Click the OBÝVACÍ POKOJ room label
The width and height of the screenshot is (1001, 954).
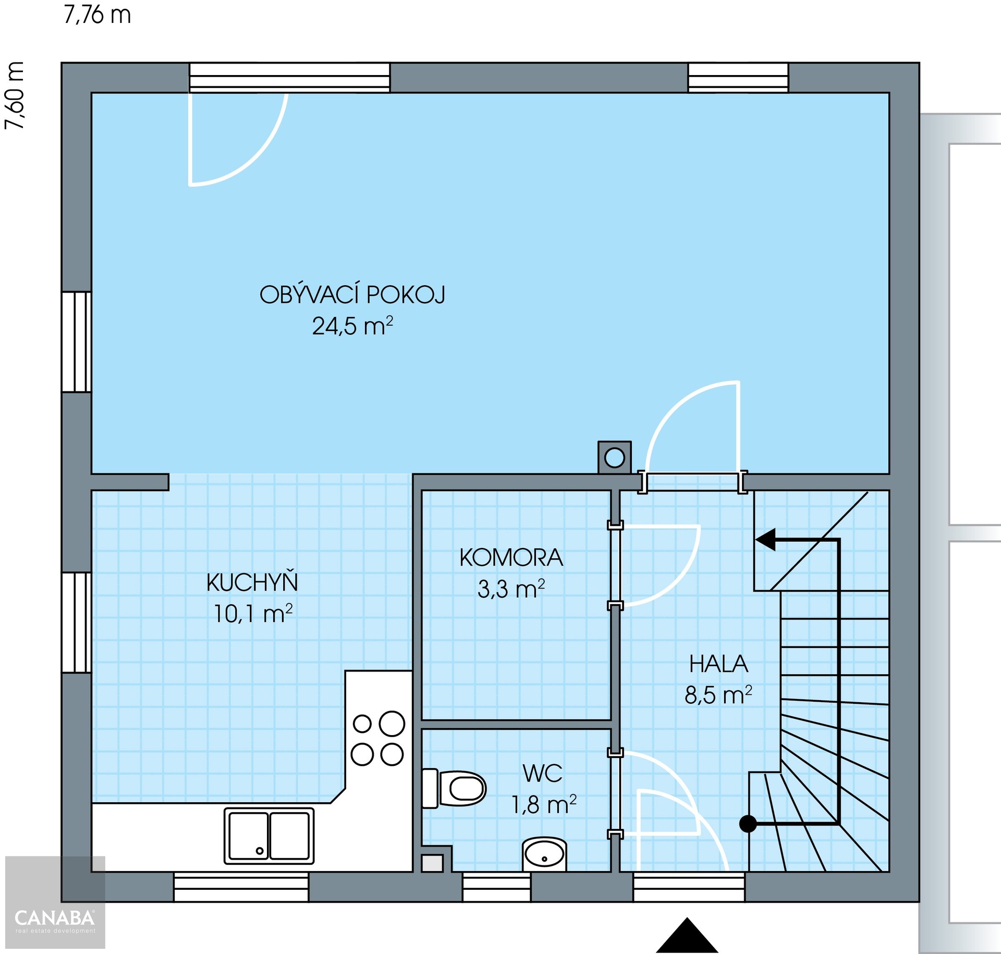click(x=352, y=295)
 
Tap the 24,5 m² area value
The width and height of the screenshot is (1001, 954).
click(x=352, y=326)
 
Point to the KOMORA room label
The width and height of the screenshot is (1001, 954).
click(x=511, y=558)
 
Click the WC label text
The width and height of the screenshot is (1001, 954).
click(x=543, y=773)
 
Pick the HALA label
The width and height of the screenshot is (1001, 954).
click(x=718, y=664)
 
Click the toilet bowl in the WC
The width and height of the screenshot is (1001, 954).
click(x=454, y=788)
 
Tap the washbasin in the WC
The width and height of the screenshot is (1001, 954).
click(x=544, y=854)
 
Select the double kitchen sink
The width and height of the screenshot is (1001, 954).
click(x=269, y=836)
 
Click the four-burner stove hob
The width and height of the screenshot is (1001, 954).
click(x=378, y=738)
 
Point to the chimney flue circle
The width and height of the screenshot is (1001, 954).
click(x=615, y=458)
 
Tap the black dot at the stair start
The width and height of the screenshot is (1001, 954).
click(x=748, y=824)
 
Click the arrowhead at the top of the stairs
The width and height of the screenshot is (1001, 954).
click(x=765, y=540)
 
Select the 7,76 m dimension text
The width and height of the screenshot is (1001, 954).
click(x=97, y=15)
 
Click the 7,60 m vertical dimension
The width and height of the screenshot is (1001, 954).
click(x=14, y=95)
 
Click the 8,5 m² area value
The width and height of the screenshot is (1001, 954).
click(x=718, y=695)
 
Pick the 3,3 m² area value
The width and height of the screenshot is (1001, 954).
click(x=511, y=589)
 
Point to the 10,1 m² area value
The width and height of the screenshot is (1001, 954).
click(x=253, y=613)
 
